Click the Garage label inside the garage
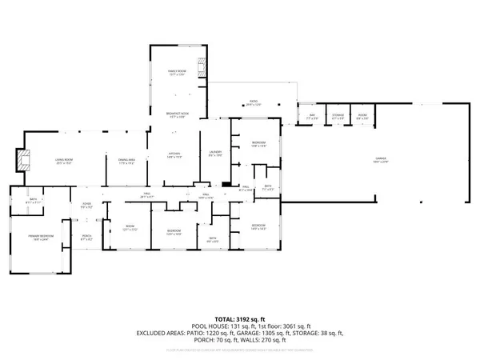tap(380, 161)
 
